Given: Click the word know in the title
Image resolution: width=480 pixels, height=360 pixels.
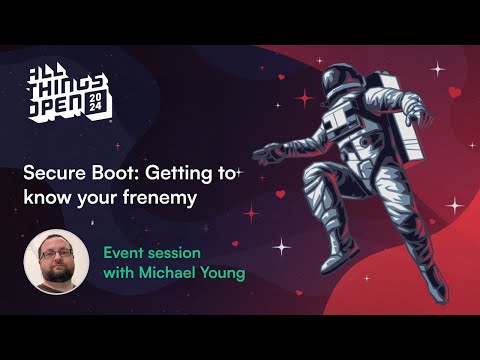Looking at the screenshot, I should coord(45,197).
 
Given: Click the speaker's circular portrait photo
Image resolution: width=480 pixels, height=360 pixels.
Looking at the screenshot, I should coord(56,262).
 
